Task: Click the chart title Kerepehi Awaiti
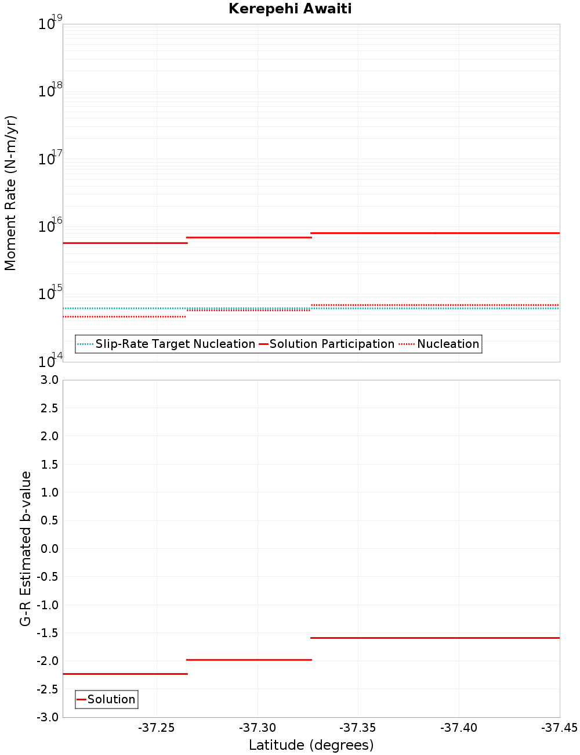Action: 290,9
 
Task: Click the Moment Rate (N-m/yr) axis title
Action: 10,193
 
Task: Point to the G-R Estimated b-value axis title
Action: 26,548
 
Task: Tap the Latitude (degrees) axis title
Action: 311,745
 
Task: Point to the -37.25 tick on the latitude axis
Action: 157,728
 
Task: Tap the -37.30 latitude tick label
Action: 258,728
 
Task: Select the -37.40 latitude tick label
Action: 459,728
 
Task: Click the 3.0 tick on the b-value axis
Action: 48,380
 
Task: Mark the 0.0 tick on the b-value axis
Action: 48,548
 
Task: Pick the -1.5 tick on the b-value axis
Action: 46,633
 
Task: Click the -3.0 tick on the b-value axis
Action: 46,717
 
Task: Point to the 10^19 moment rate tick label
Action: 50,23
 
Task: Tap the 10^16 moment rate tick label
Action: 50,225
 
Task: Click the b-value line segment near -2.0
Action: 249,660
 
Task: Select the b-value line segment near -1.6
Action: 435,638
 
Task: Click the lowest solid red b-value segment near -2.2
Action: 125,674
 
